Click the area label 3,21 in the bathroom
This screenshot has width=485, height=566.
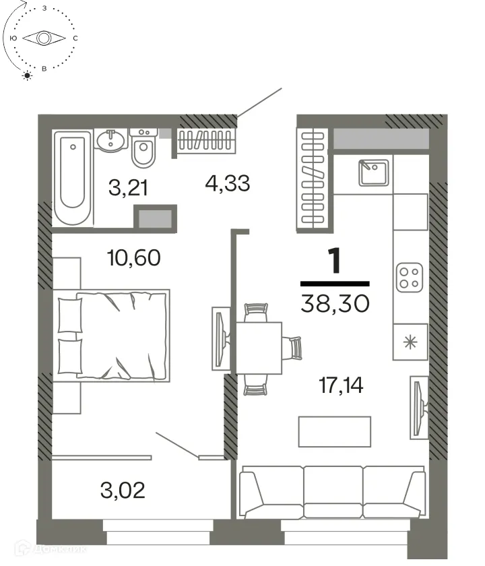pos(129,187)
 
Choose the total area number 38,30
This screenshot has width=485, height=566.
pos(335,305)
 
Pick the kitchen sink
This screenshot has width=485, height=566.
pos(372,172)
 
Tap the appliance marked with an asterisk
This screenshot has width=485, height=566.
pos(410,341)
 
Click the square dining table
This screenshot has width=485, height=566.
pos(258,347)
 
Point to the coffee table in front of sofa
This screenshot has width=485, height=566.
pos(335,431)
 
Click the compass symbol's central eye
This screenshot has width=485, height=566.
pos(44,38)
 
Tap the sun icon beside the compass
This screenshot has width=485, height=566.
pos(28,75)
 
